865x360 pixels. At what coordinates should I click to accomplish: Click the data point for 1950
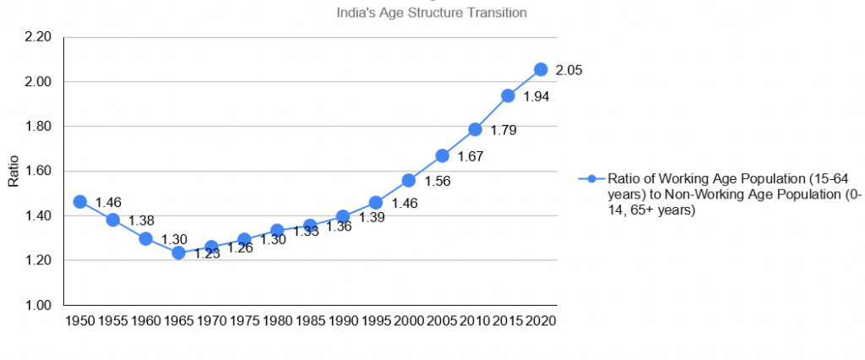79,201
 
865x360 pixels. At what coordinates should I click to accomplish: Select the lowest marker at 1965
178,253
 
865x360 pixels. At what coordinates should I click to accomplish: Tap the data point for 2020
541,69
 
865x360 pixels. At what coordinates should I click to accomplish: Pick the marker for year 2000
409,180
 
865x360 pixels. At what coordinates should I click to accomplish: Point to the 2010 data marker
475,129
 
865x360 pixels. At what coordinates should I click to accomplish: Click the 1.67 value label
471,157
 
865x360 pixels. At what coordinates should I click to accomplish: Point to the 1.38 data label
141,221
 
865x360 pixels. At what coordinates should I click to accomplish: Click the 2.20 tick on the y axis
39,37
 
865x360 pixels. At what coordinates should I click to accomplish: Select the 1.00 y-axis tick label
39,305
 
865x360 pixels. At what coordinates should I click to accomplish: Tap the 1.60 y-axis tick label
39,172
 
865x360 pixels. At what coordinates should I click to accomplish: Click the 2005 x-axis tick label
442,321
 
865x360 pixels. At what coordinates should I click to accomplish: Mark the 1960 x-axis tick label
145,321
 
